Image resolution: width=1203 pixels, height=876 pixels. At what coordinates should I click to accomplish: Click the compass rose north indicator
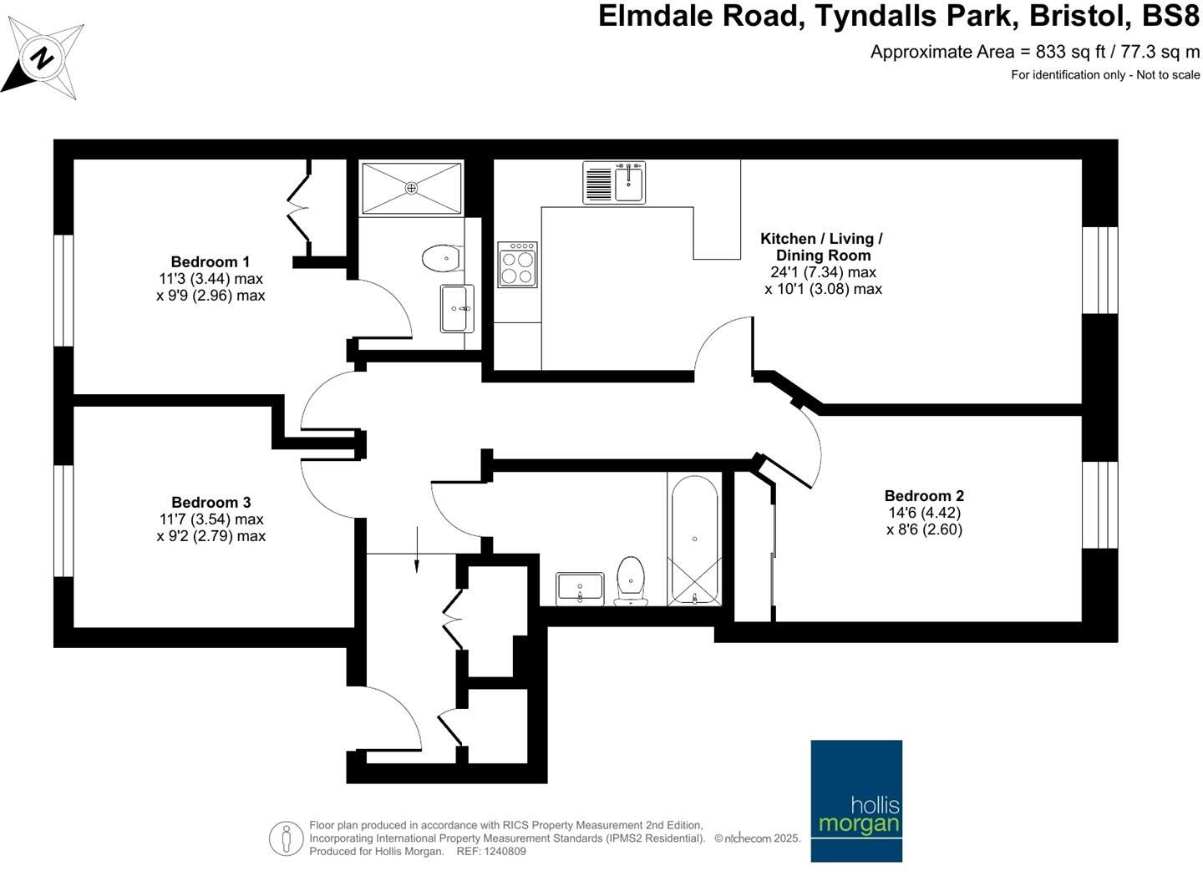click(x=43, y=59)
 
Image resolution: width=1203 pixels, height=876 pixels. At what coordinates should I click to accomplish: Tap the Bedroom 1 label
click(x=211, y=262)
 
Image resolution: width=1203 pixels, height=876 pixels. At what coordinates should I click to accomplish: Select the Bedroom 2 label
click(x=924, y=496)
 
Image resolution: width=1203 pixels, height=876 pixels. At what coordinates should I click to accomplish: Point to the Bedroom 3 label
click(x=211, y=502)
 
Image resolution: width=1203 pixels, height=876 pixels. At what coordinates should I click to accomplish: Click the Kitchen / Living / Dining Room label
click(x=822, y=247)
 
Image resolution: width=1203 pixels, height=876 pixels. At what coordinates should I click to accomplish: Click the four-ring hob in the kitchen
click(x=517, y=265)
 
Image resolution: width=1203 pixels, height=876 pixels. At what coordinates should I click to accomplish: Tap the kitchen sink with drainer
click(x=614, y=183)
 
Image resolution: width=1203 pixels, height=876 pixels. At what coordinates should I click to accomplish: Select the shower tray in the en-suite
click(x=411, y=189)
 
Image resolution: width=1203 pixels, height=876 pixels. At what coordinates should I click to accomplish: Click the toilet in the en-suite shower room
click(x=442, y=258)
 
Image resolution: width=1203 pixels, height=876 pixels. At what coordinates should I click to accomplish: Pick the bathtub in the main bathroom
click(x=694, y=539)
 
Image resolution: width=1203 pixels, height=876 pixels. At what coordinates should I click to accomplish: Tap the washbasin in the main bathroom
click(x=580, y=588)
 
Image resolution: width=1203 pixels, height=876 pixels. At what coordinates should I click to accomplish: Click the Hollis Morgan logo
click(x=856, y=800)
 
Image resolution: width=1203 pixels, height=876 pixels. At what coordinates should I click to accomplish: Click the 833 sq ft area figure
click(x=1063, y=52)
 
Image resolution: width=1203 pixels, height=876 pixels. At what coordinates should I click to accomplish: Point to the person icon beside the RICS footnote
click(x=286, y=838)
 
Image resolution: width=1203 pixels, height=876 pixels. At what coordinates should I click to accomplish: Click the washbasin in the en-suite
click(x=457, y=307)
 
